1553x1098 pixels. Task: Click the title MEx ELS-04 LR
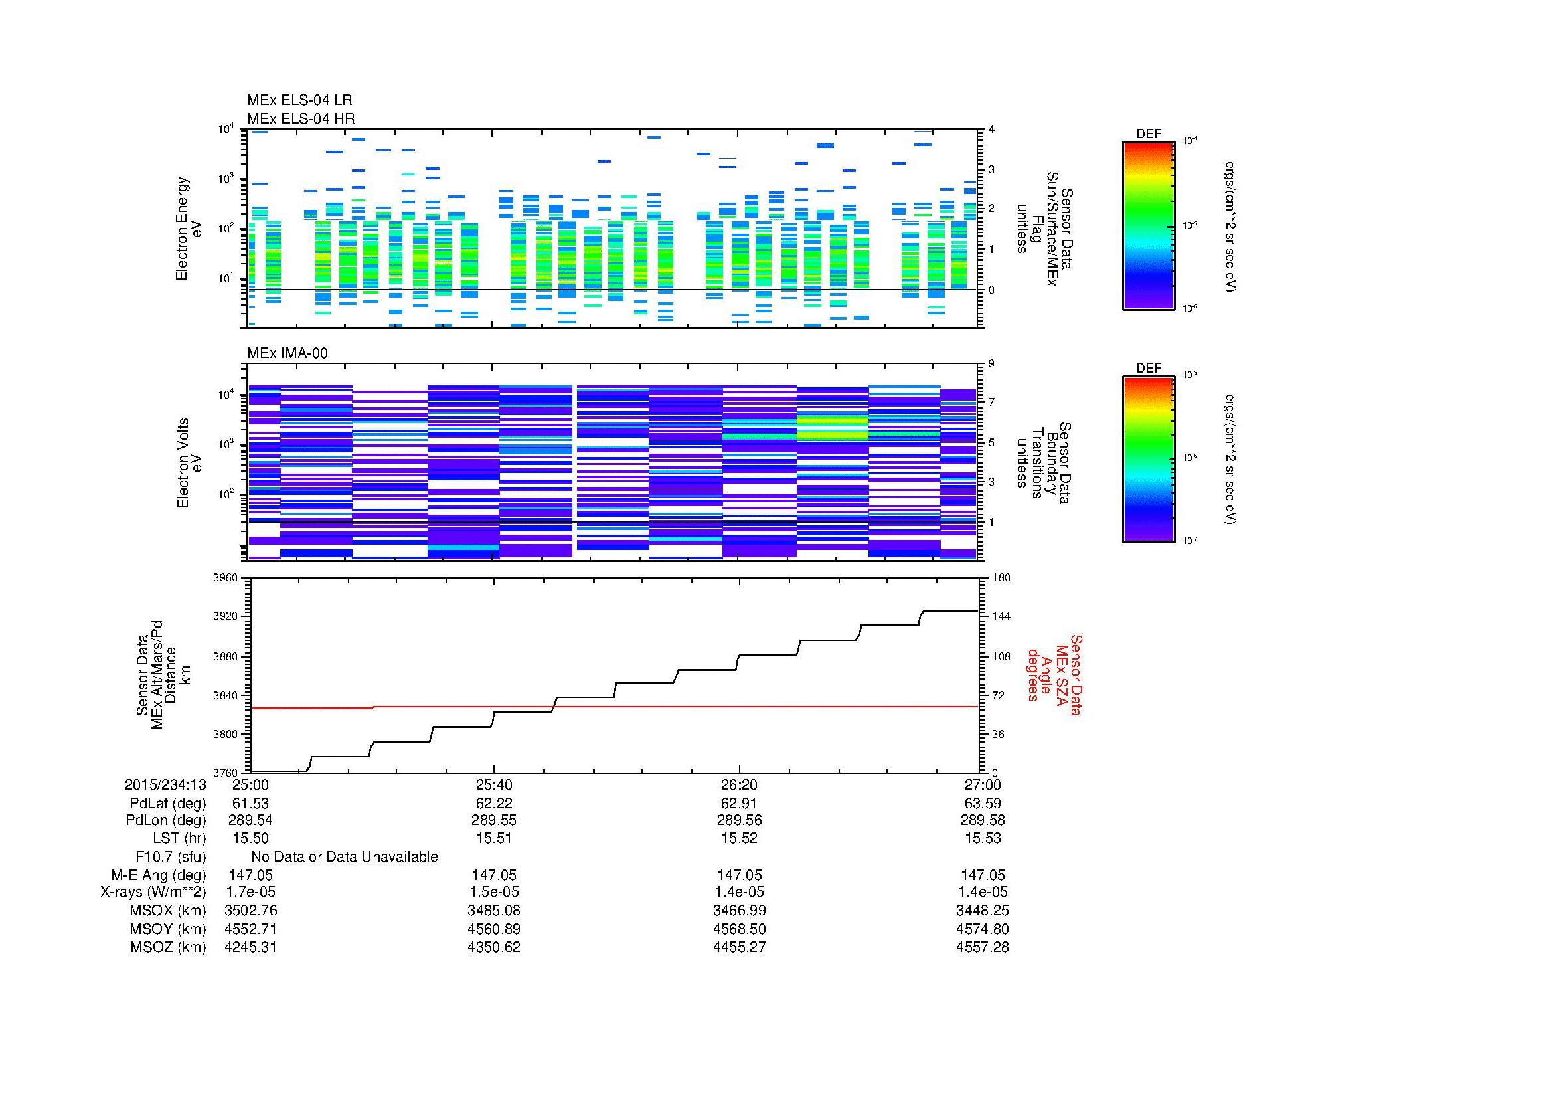tap(299, 100)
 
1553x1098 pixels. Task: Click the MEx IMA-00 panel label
tap(287, 353)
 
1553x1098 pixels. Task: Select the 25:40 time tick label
tap(494, 784)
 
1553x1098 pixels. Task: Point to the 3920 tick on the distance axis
tap(225, 616)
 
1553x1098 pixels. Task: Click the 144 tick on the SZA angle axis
tap(1001, 616)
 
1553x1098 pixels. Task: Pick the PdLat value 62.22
tap(494, 803)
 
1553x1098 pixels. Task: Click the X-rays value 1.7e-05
tap(250, 892)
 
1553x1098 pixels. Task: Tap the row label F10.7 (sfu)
tap(171, 856)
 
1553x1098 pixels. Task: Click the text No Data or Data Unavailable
tap(345, 856)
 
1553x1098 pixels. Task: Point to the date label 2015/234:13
tap(165, 784)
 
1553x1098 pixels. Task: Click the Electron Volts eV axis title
tap(189, 463)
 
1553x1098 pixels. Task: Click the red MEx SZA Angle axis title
tap(1054, 674)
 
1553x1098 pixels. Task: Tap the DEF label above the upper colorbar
tap(1148, 134)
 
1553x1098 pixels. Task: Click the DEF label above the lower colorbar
tap(1148, 368)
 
